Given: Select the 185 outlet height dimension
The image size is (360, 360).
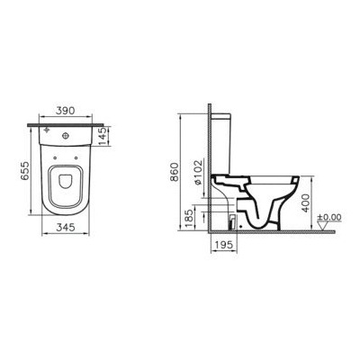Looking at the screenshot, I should [186, 215].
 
